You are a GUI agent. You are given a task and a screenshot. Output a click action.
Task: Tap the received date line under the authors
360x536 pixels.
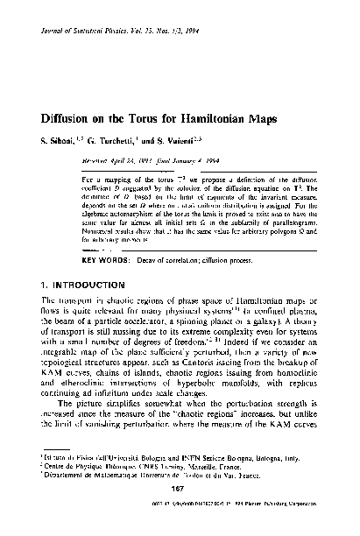144,163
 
